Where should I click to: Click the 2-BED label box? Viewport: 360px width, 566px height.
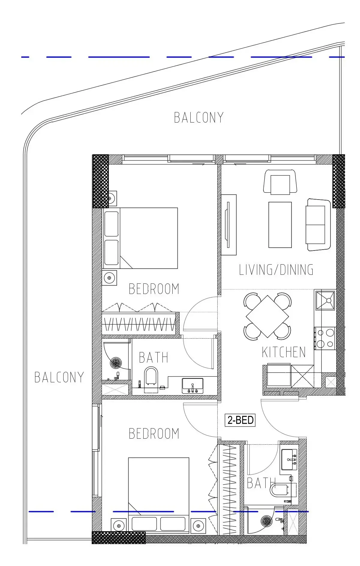tap(240, 420)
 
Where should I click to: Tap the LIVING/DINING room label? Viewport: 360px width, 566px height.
tap(276, 270)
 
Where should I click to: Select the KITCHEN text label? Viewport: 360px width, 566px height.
tap(284, 352)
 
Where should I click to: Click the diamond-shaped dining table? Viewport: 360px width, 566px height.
tap(267, 316)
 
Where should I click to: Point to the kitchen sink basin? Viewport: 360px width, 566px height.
tap(325, 300)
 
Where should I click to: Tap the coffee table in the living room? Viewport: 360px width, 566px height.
tap(280, 225)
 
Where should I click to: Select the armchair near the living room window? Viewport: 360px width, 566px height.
tap(280, 182)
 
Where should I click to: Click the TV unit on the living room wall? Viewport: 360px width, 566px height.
tap(229, 225)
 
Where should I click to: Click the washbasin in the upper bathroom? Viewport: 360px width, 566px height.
tap(193, 386)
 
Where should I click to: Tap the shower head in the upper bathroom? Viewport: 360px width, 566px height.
tap(116, 363)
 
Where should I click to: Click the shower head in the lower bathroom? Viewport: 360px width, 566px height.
tap(266, 521)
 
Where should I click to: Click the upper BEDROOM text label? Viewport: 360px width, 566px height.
tap(154, 289)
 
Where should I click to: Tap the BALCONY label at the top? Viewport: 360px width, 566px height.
tap(199, 117)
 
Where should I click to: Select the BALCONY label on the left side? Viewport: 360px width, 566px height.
tap(59, 377)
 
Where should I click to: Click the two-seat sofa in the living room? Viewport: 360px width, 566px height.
tap(318, 225)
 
